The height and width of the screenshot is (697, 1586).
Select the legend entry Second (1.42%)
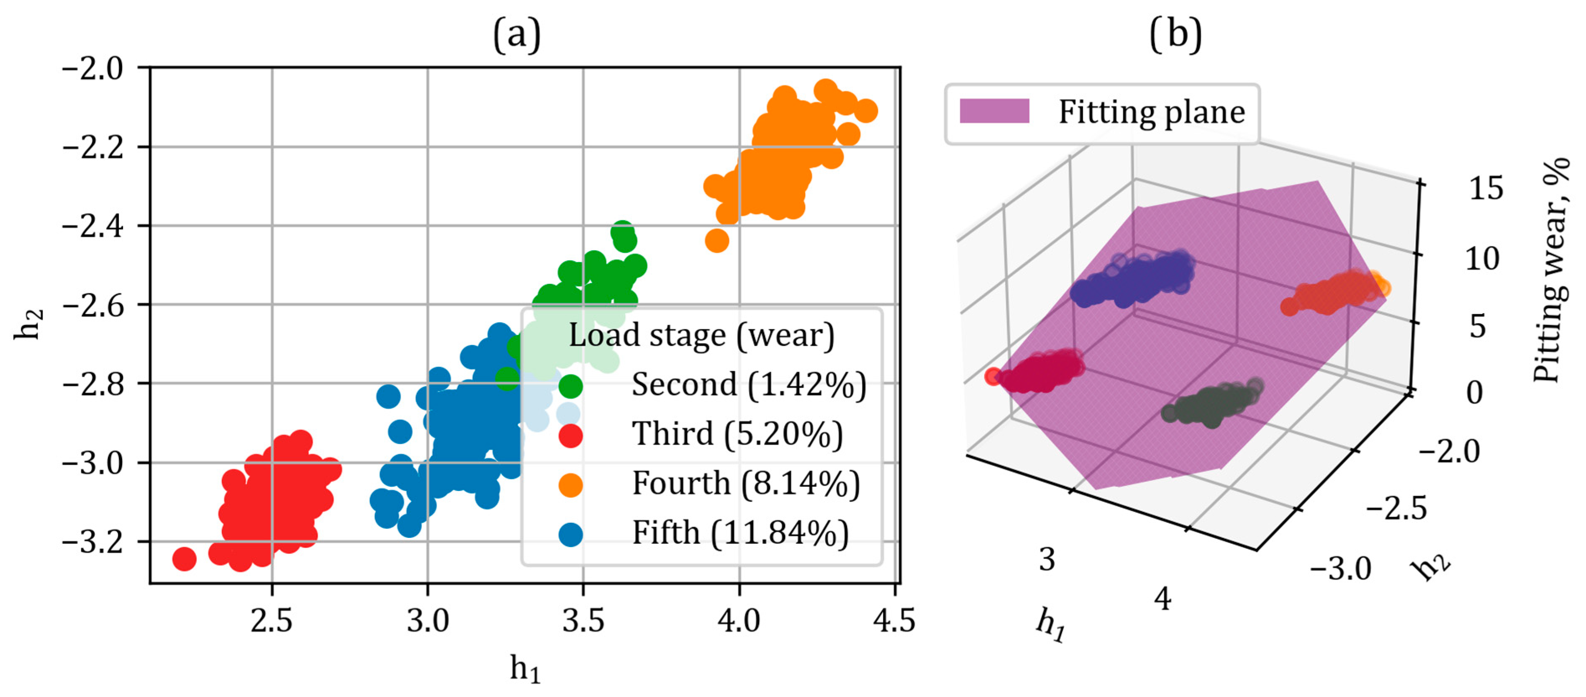point(748,385)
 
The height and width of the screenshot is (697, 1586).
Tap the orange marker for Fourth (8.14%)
point(570,485)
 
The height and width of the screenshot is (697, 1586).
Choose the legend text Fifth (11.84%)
point(739,533)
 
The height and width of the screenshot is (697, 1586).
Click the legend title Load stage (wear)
point(701,336)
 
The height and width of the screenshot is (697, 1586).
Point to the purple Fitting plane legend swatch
point(994,111)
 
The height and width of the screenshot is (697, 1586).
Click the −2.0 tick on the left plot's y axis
point(92,68)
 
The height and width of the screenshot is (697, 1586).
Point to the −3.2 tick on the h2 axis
point(92,542)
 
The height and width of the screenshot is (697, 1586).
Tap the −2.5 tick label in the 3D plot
point(1396,509)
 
